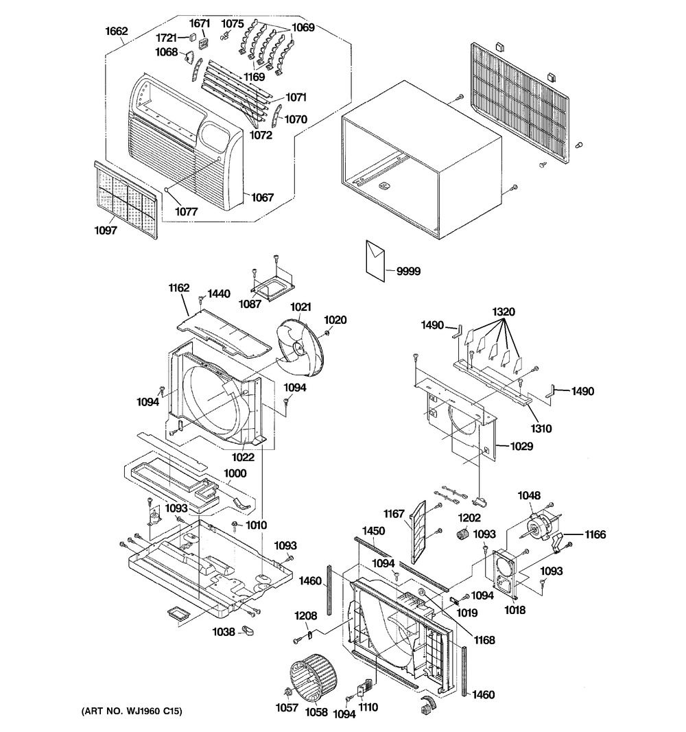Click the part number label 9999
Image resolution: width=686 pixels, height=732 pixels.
408,271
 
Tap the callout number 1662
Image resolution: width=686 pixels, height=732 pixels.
117,30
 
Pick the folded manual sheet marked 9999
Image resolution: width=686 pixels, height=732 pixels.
377,259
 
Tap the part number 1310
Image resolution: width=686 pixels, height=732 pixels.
541,428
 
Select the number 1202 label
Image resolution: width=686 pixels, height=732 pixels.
471,518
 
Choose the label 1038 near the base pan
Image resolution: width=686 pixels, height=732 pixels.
224,631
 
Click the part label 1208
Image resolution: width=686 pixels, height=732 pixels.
306,615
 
